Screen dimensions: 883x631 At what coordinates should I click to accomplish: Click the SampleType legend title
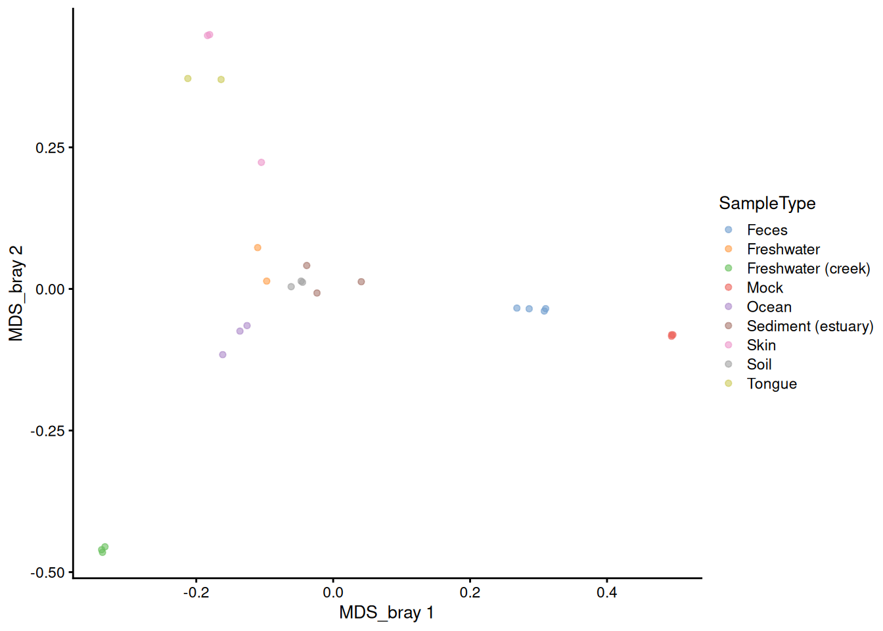pyautogui.click(x=767, y=204)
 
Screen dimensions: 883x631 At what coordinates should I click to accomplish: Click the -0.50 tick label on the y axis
pyautogui.click(x=47, y=573)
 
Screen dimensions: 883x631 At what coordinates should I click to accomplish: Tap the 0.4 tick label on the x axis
pyautogui.click(x=606, y=593)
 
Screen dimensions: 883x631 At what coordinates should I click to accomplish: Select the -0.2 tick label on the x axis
pyautogui.click(x=196, y=593)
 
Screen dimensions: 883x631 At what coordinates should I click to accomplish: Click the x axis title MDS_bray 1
pyautogui.click(x=386, y=613)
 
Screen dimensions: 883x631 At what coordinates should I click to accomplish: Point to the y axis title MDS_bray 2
pyautogui.click(x=16, y=293)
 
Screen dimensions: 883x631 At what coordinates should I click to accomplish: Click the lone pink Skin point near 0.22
pyautogui.click(x=261, y=162)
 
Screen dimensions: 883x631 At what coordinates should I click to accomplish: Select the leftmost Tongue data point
pyautogui.click(x=188, y=78)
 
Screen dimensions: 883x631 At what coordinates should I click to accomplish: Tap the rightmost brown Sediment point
pyautogui.click(x=361, y=281)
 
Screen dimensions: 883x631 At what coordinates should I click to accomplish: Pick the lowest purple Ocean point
pyautogui.click(x=222, y=354)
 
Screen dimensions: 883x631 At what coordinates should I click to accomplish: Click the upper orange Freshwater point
pyautogui.click(x=258, y=248)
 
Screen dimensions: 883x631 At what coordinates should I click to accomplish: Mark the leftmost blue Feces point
pyautogui.click(x=517, y=308)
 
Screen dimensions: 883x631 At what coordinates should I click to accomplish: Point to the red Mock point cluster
pyautogui.click(x=672, y=336)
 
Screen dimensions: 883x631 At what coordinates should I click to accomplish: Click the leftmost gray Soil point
pyautogui.click(x=291, y=287)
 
